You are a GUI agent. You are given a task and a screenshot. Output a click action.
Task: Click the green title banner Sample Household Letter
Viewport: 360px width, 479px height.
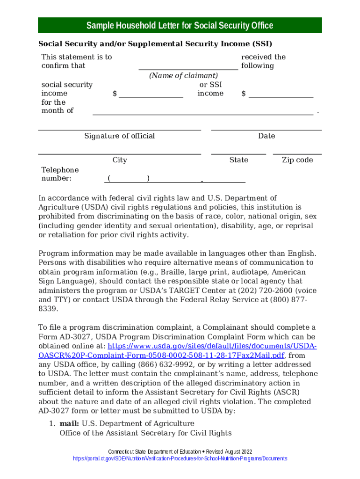click(180, 25)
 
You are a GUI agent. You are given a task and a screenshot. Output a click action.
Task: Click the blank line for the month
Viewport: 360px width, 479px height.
click(202, 111)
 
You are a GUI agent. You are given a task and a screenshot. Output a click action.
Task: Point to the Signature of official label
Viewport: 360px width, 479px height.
click(119, 136)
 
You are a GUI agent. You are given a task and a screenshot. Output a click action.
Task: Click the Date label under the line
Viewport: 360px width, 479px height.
click(266, 136)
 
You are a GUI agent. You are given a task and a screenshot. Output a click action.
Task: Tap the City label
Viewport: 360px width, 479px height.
click(120, 160)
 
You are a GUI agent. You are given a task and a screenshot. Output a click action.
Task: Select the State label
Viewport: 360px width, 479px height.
click(238, 160)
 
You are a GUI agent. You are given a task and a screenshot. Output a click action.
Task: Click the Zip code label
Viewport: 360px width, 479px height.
click(297, 160)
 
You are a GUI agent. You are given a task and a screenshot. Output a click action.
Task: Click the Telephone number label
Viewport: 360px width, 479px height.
click(60, 174)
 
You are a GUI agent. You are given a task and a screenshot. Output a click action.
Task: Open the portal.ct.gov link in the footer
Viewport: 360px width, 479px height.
click(180, 458)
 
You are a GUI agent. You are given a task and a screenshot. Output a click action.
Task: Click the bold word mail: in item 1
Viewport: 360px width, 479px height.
click(69, 424)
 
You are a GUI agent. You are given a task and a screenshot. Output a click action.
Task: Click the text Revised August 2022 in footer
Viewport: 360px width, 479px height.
click(229, 451)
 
